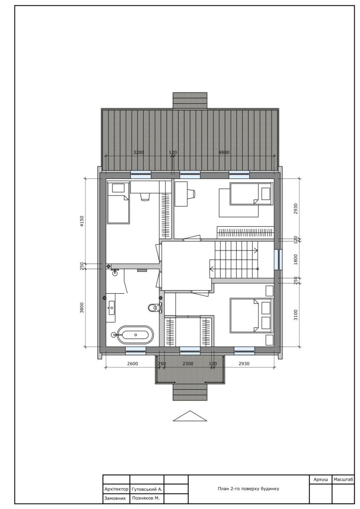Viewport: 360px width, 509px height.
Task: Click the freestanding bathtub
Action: pyautogui.click(x=135, y=335)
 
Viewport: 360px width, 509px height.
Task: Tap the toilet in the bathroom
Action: pyautogui.click(x=155, y=307)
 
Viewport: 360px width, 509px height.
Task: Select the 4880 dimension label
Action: pyautogui.click(x=224, y=152)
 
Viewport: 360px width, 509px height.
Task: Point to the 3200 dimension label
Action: pyautogui.click(x=139, y=152)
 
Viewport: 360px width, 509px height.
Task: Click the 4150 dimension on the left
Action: pyautogui.click(x=82, y=221)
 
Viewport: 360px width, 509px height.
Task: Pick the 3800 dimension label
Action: pyautogui.click(x=82, y=307)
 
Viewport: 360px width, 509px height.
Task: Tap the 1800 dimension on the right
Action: pyautogui.click(x=295, y=259)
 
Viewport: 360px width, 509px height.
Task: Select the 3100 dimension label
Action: pyautogui.click(x=295, y=315)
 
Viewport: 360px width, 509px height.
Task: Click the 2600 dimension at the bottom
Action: pyautogui.click(x=132, y=363)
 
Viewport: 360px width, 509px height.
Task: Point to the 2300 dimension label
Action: pyautogui.click(x=188, y=363)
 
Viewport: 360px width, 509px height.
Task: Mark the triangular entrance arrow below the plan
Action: pyautogui.click(x=190, y=416)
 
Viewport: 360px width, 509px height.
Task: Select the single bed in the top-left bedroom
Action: pyautogui.click(x=118, y=203)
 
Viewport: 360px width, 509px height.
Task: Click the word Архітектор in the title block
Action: pyautogui.click(x=116, y=489)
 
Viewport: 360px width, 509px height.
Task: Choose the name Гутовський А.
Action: pyautogui.click(x=147, y=489)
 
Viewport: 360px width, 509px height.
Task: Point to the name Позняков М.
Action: pyautogui.click(x=146, y=498)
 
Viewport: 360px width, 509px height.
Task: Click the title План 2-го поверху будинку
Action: pyautogui.click(x=248, y=489)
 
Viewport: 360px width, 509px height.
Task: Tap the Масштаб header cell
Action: pyautogui.click(x=343, y=480)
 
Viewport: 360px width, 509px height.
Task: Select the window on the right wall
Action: pyautogui.click(x=278, y=259)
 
